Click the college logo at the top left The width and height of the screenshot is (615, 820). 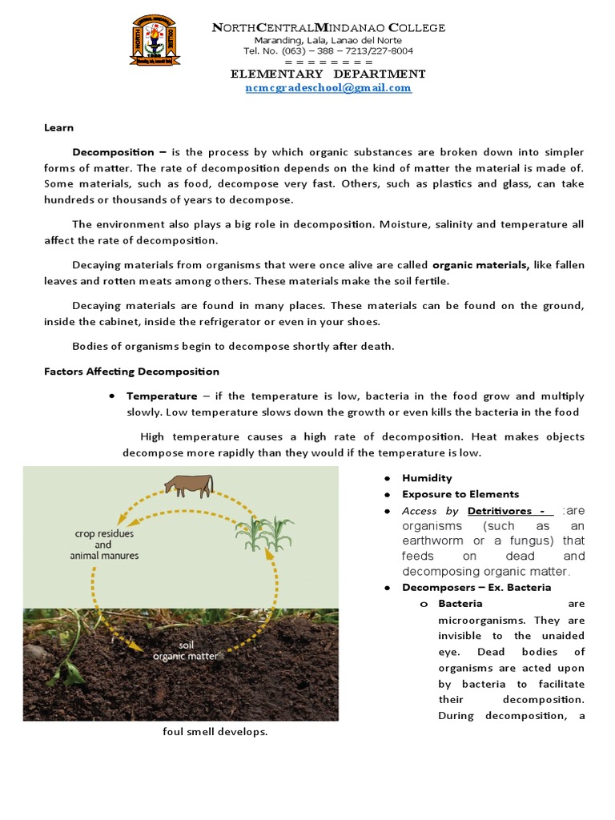155,41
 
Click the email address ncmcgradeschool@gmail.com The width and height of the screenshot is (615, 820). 328,88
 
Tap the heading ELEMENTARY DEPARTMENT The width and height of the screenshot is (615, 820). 328,74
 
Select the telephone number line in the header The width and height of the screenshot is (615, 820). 328,51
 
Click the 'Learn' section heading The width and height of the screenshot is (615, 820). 58,127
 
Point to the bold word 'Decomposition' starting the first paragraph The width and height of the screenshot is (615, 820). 113,151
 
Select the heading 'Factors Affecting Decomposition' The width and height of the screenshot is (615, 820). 131,372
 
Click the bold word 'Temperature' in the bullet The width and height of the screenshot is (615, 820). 162,396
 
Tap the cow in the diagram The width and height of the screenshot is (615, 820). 189,485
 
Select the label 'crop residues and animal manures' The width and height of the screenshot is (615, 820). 107,545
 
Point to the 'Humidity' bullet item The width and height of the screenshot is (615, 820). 427,478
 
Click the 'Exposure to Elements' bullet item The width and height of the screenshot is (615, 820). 460,494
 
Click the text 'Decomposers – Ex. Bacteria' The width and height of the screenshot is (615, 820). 476,587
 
